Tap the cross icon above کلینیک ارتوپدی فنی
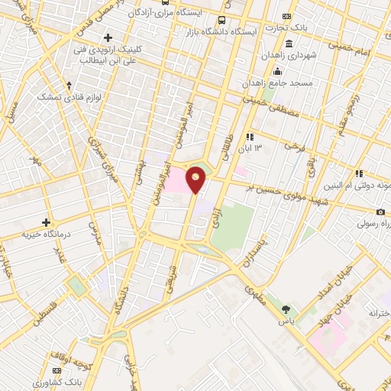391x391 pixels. pyautogui.click(x=108, y=37)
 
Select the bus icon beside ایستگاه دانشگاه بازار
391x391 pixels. pyautogui.click(x=221, y=21)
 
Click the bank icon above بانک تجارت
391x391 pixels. pyautogui.click(x=286, y=16)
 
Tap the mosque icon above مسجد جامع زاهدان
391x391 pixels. pyautogui.click(x=277, y=71)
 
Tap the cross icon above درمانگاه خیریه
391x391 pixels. pyautogui.click(x=47, y=221)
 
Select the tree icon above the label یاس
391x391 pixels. pyautogui.click(x=286, y=309)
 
